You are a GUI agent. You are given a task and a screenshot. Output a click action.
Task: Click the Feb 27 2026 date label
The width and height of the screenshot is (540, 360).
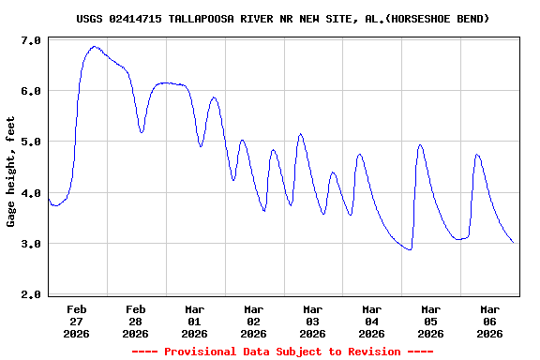point(77,321)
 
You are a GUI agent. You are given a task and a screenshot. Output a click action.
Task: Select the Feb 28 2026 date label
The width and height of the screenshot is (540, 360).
point(136,321)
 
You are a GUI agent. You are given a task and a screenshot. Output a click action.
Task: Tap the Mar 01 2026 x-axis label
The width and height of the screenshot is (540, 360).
point(195,321)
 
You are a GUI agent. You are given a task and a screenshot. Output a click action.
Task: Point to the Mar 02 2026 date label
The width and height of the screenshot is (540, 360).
point(254,321)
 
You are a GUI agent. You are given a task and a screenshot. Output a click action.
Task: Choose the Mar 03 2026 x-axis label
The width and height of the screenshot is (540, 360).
point(313,321)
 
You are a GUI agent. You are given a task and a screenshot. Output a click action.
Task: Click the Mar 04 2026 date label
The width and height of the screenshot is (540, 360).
point(372,321)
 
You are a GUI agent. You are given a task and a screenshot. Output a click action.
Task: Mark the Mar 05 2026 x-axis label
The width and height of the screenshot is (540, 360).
point(431,321)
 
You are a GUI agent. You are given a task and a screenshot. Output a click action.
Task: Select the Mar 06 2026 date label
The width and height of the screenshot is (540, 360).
point(490,321)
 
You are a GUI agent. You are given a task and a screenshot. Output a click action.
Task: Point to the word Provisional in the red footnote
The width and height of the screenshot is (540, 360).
point(199,352)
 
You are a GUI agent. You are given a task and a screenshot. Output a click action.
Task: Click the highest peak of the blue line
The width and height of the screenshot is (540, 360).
point(95,46)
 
